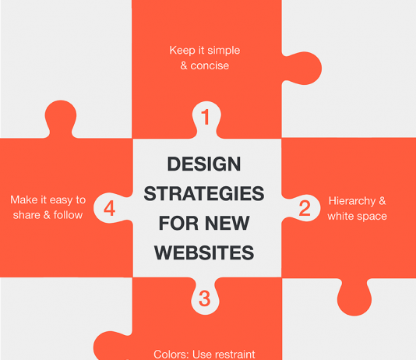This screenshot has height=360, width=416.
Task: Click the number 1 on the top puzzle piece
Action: click(x=206, y=118)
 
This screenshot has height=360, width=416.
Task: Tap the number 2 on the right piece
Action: click(x=305, y=208)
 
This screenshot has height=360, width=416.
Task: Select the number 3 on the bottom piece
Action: click(x=205, y=298)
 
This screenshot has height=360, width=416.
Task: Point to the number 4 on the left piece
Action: click(x=110, y=208)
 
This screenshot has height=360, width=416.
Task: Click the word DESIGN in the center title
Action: click(x=205, y=164)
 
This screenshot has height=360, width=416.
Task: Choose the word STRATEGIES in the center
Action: click(x=205, y=193)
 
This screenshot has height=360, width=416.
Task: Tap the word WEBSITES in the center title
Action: click(x=204, y=252)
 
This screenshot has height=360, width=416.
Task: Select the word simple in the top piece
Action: click(x=220, y=51)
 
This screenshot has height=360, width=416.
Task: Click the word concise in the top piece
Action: click(x=210, y=65)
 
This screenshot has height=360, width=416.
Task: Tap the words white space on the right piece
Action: click(x=357, y=216)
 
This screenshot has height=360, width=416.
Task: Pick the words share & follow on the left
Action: click(x=48, y=215)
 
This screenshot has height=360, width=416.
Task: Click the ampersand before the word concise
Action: click(x=185, y=65)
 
